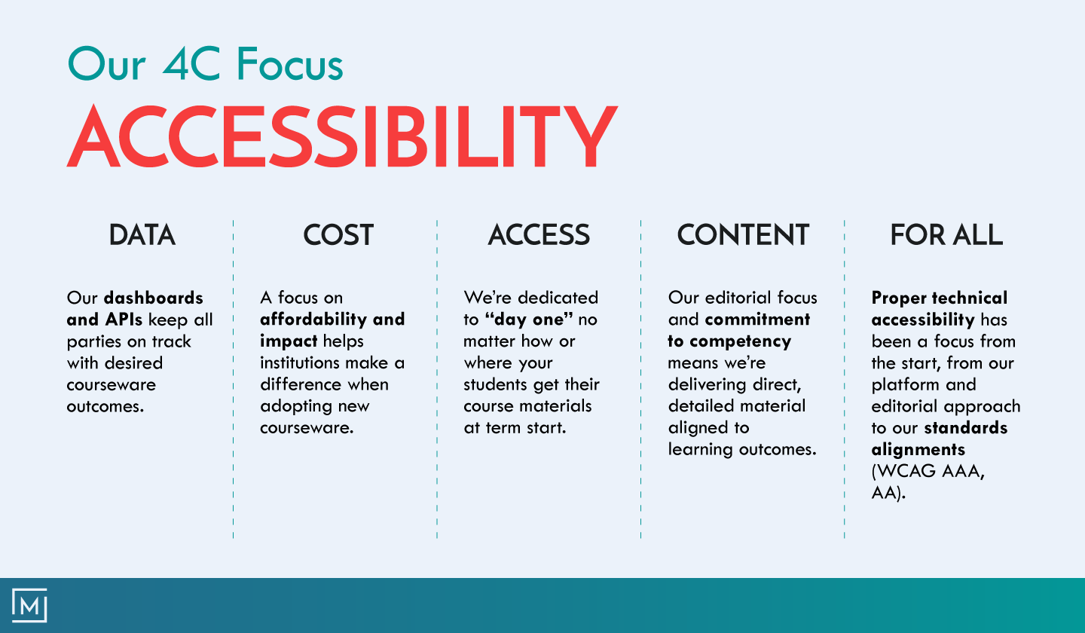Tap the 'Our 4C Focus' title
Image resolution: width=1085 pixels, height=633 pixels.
[205, 64]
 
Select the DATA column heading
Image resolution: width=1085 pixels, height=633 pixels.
[142, 235]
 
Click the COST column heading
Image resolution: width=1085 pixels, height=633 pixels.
[338, 235]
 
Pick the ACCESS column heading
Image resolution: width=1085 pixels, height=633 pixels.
[539, 235]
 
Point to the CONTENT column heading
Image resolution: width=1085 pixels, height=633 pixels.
[743, 235]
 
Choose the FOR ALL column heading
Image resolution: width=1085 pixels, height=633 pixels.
[946, 235]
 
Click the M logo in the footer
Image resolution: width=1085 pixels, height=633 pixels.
[30, 605]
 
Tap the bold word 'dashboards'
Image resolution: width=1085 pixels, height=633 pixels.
[154, 298]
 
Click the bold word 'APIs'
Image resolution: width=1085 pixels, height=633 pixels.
[123, 320]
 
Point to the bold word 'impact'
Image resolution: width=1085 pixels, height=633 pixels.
[289, 341]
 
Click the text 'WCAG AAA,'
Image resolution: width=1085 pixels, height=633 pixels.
[928, 472]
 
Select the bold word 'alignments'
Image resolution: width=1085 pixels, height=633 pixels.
[918, 450]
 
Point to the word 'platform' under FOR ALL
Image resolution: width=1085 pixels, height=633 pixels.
[902, 385]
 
